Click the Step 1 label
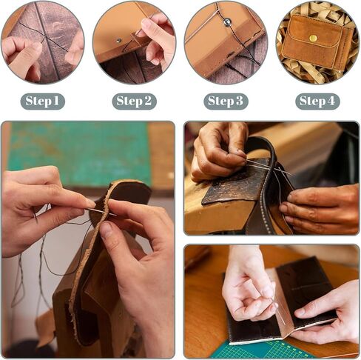click(x=42, y=101)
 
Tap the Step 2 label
click(x=134, y=101)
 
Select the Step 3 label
click(x=226, y=101)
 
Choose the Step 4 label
click(x=317, y=101)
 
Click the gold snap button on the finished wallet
click(x=314, y=38)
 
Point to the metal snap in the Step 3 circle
click(x=227, y=22)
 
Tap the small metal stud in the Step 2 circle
click(x=119, y=40)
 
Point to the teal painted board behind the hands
click(x=80, y=154)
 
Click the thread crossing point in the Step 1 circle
click(x=44, y=39)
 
